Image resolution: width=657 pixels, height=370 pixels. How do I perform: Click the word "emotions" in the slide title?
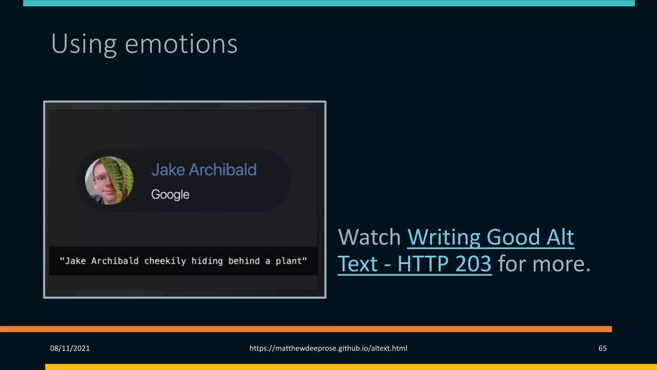tap(181, 44)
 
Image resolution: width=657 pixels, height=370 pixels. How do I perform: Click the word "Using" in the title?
tap(84, 44)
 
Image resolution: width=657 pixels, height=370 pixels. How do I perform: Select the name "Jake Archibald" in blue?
tap(204, 170)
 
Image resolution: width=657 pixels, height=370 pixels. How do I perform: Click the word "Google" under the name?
tap(170, 195)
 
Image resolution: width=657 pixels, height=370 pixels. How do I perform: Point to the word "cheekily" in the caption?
tap(165, 261)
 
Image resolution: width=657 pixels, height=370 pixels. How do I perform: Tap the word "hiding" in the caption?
tap(207, 261)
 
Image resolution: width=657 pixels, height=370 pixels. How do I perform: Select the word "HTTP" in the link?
tap(423, 264)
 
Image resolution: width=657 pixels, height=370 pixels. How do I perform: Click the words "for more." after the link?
tap(544, 264)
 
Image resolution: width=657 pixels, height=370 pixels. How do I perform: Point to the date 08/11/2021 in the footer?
tap(70, 348)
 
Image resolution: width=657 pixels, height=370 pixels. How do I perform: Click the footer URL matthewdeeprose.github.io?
tap(328, 348)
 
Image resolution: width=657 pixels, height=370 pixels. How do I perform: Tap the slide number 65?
tap(602, 348)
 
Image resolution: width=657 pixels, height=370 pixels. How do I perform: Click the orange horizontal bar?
tap(305, 329)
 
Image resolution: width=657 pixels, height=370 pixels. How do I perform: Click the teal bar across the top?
tap(328, 3)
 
